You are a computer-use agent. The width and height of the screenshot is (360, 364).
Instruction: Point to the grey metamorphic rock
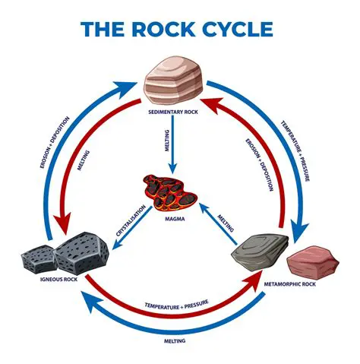point(262,253)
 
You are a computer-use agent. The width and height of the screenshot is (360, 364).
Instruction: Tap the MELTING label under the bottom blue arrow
point(177,342)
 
